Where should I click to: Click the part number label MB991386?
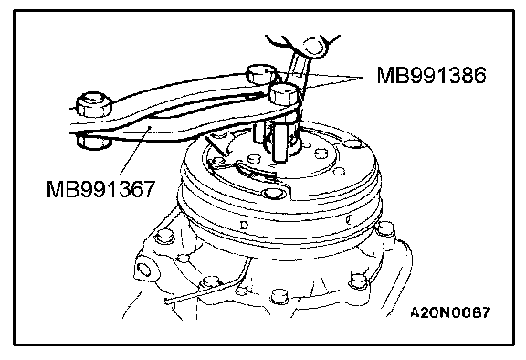point(431,75)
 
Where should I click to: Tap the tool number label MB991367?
point(100,189)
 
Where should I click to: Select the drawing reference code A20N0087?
point(450,312)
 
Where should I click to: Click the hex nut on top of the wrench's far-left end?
point(94,104)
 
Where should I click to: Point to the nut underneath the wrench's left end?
point(93,141)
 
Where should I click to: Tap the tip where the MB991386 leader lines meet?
point(363,79)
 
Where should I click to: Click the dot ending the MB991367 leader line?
point(150,126)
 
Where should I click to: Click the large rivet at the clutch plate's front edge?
point(272,194)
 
